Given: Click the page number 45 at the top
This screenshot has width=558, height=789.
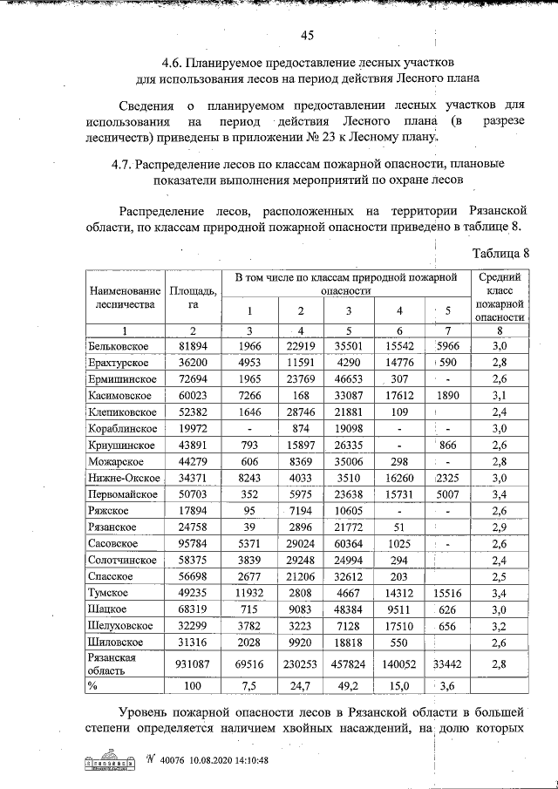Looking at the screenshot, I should (306, 36).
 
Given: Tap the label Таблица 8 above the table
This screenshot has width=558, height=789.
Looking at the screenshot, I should (501, 254).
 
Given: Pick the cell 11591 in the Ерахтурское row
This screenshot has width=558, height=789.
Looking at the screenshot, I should (300, 363).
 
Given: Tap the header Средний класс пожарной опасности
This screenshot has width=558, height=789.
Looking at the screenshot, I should (500, 297).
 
